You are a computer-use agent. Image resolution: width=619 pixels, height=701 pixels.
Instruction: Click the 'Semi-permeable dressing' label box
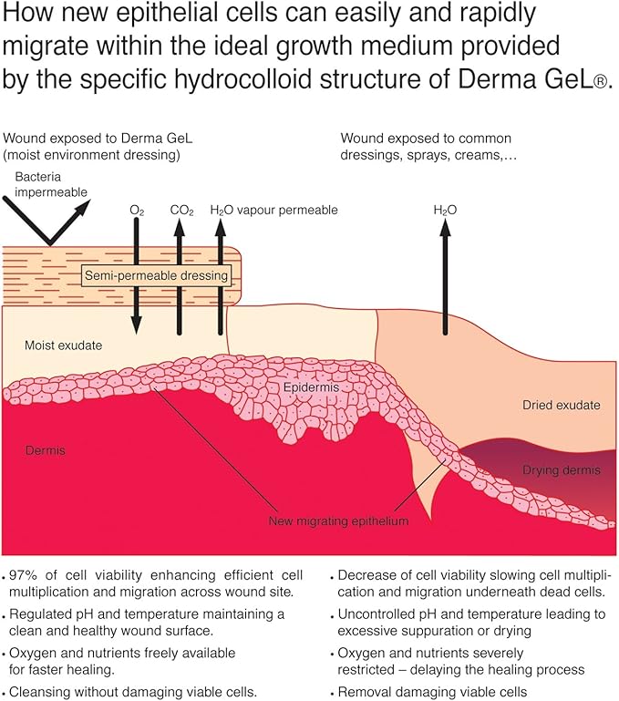click(x=157, y=275)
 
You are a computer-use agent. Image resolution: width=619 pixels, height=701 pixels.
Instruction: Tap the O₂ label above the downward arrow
click(x=137, y=211)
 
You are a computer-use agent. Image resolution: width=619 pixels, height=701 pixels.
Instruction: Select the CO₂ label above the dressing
click(x=182, y=211)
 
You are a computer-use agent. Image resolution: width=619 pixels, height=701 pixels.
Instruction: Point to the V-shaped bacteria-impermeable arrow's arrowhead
click(x=82, y=208)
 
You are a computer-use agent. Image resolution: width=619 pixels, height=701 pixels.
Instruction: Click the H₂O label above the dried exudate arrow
click(x=445, y=211)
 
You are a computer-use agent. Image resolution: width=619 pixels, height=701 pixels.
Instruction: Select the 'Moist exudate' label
click(x=64, y=345)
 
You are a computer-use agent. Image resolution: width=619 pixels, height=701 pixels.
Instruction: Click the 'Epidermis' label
click(x=311, y=387)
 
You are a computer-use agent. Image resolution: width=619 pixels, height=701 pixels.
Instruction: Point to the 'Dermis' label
click(x=46, y=450)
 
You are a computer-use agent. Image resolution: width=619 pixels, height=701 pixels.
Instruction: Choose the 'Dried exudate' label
click(x=562, y=405)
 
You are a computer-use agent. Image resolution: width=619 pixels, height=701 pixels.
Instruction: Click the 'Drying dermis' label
click(x=562, y=470)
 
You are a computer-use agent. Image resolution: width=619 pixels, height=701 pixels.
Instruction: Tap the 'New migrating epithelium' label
click(x=338, y=521)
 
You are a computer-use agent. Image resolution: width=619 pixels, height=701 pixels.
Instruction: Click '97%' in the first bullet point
click(x=25, y=575)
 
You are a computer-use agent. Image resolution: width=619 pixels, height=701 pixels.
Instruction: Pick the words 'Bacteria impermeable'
click(x=51, y=184)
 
